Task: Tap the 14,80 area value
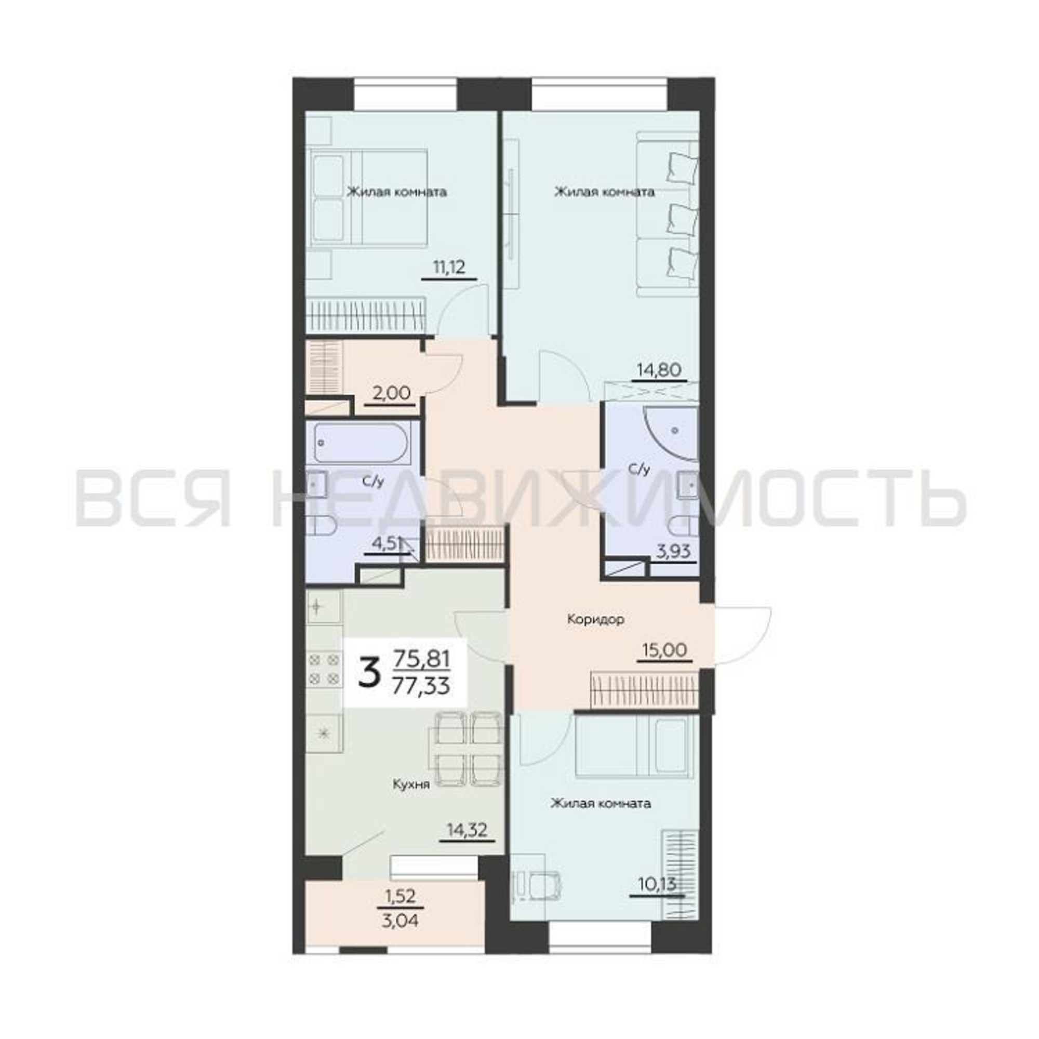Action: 659,369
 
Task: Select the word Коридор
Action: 596,620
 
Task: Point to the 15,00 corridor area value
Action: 665,650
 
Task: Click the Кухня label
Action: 411,784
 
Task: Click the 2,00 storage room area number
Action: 392,394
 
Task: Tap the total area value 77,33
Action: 422,686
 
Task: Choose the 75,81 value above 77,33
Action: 422,658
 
